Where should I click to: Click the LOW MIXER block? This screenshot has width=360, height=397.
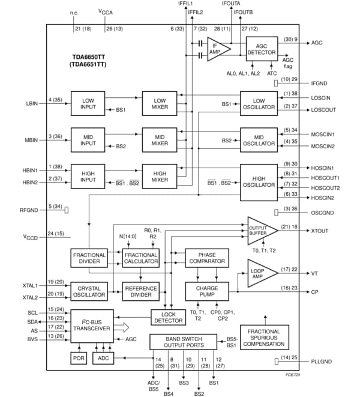pos(160,103)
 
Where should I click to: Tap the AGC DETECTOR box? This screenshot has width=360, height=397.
pos(262,48)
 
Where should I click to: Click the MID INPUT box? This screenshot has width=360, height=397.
pos(88,139)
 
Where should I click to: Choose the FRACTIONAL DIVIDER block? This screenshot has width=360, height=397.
pos(88,258)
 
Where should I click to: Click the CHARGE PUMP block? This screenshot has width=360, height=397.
pos(207,292)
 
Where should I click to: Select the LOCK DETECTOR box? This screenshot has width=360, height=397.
pos(167,317)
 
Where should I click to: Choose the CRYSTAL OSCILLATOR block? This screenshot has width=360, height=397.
pos(88,291)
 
